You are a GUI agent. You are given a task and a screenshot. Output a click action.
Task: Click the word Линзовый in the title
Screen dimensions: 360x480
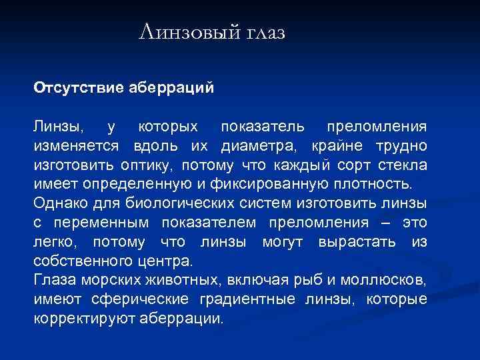coord(184,32)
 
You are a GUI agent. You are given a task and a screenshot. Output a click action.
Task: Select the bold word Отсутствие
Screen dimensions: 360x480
coord(74,87)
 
